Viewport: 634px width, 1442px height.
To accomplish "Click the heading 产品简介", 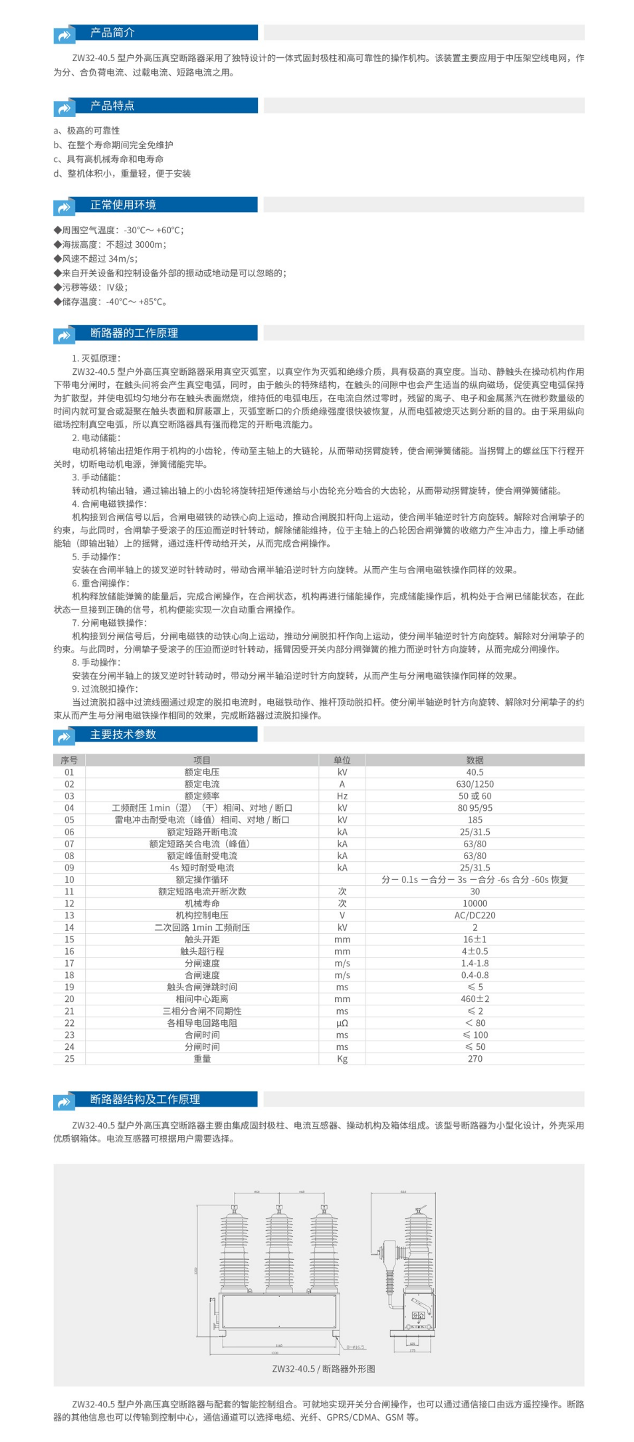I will tap(112, 33).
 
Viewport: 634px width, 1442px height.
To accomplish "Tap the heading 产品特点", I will tap(112, 106).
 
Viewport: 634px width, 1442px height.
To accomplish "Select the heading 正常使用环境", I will tap(123, 205).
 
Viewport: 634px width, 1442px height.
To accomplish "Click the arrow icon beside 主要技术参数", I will tap(64, 736).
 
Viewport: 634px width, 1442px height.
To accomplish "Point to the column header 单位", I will tap(342, 760).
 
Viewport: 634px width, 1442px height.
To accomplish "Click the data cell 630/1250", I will tap(475, 784).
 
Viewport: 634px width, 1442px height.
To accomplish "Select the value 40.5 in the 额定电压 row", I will tap(475, 772).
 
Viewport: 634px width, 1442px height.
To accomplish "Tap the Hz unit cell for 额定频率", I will tap(342, 796).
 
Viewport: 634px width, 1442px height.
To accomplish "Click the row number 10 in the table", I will tap(69, 880).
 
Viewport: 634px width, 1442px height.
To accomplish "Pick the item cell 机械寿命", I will tap(202, 904).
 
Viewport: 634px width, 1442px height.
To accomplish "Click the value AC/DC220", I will tap(475, 916).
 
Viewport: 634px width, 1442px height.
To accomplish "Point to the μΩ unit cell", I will tap(342, 1023).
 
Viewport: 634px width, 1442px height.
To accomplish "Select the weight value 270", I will tap(475, 1059).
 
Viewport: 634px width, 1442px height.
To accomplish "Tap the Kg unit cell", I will tap(342, 1059).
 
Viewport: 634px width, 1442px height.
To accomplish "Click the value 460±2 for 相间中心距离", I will tap(475, 999).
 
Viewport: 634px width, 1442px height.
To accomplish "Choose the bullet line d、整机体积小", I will tap(122, 173).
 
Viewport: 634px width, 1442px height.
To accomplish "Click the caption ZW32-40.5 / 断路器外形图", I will tap(324, 1369).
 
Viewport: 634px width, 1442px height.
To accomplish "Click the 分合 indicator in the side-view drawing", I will tap(418, 1315).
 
